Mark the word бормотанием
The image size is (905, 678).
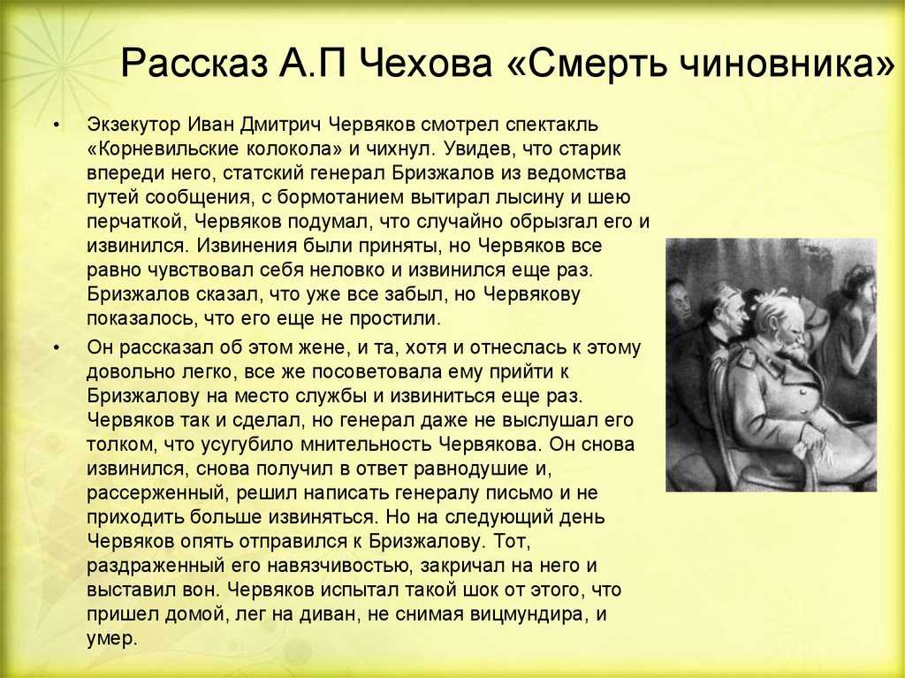click(x=340, y=197)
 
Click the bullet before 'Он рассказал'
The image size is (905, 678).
click(x=56, y=347)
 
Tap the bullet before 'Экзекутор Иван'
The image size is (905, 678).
click(x=56, y=125)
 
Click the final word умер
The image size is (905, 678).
click(x=112, y=639)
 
